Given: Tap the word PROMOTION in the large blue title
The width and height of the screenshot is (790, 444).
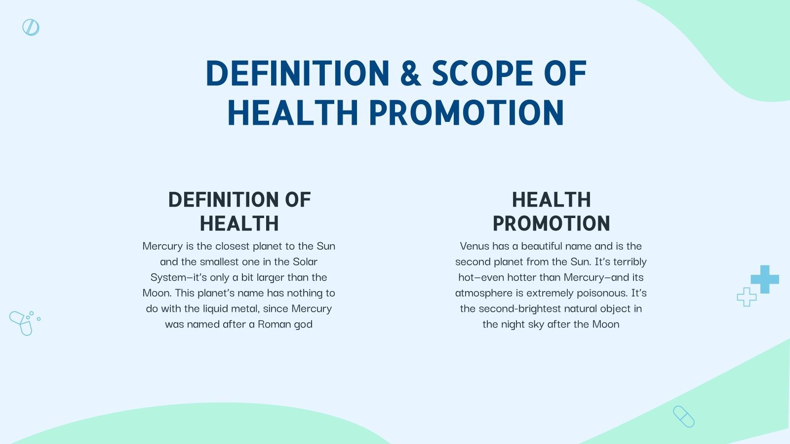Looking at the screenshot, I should coord(466,113).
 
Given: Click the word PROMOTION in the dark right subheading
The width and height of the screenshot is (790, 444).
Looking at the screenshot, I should coord(551,223).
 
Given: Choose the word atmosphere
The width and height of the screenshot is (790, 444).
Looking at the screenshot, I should coord(483,293).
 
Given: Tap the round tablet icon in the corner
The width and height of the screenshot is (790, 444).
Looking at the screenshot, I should coord(31,28).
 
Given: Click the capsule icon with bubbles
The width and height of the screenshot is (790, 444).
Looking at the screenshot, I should coord(22,323).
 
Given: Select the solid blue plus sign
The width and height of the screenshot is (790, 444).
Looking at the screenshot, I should coord(765,279).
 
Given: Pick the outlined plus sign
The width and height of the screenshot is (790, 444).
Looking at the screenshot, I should coord(746,297).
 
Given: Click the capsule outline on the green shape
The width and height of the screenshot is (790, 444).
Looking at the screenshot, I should coord(683,416).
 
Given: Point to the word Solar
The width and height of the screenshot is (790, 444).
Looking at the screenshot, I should coord(305,262).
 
